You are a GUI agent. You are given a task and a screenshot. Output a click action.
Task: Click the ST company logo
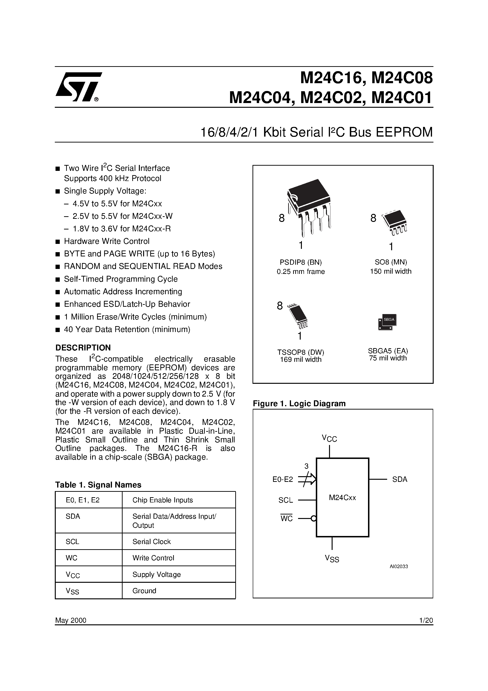coord(78,87)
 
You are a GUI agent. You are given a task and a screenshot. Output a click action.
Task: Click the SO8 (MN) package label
coord(390,262)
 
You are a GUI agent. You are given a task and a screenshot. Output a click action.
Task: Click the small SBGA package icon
coord(387,322)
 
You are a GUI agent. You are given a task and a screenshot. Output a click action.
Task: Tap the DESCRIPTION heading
coord(83,348)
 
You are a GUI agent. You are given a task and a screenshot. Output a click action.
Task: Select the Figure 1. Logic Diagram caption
coord(299,404)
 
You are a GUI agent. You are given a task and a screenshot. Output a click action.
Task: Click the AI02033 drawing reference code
coord(399,566)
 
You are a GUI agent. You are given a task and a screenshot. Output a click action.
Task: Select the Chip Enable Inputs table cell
coord(163,500)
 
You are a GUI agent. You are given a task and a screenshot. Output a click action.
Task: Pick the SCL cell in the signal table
coord(72,542)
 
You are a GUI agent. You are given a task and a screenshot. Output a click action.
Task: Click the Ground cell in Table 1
coord(144,591)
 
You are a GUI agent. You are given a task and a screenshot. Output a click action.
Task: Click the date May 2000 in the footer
coord(71,620)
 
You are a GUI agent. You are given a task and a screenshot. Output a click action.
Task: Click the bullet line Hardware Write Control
coord(107,241)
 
